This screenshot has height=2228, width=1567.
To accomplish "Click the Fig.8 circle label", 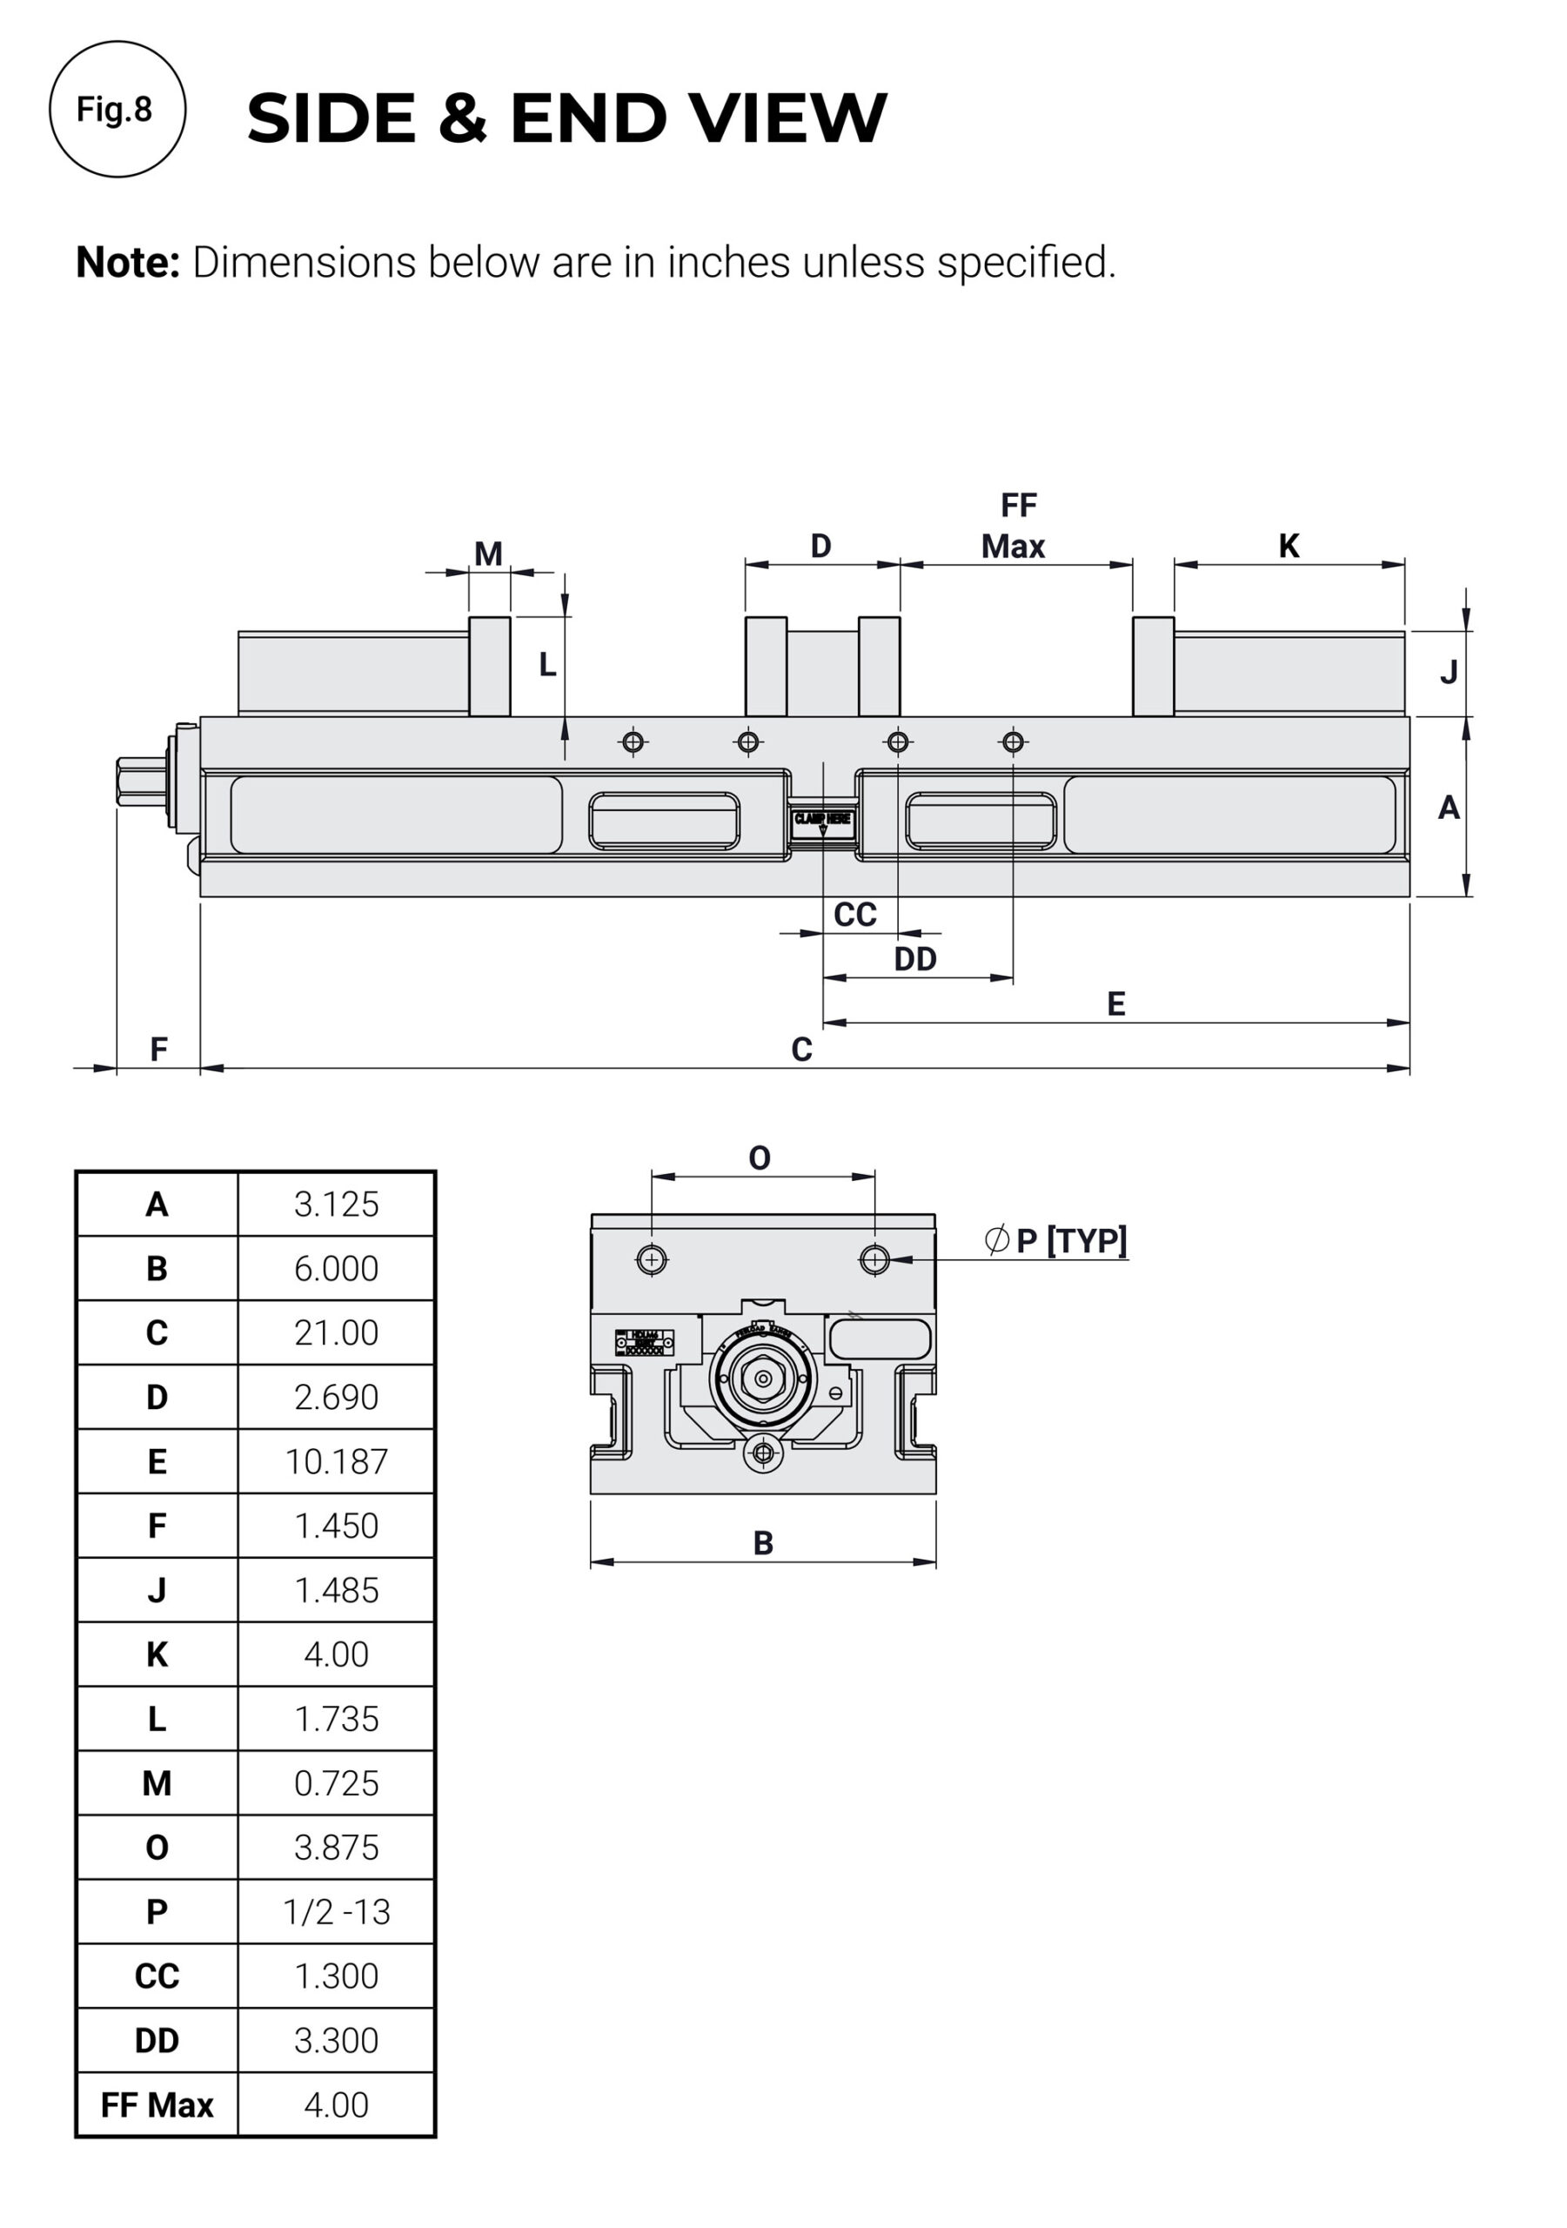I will pyautogui.click(x=117, y=109).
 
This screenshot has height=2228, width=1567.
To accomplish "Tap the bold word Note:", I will pyautogui.click(x=127, y=262).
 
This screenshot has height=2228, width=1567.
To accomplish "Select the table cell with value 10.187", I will pyautogui.click(x=336, y=1461).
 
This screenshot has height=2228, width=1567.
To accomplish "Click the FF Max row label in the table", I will pyautogui.click(x=157, y=2104).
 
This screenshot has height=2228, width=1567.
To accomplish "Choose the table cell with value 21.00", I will pyautogui.click(x=336, y=1332).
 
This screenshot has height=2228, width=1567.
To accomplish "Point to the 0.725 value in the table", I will pyautogui.click(x=336, y=1782).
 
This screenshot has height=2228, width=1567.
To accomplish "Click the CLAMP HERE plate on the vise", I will pyautogui.click(x=822, y=820).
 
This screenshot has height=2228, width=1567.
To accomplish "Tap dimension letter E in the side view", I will pyautogui.click(x=1115, y=1003).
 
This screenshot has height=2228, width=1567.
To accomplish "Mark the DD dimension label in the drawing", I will pyautogui.click(x=914, y=959).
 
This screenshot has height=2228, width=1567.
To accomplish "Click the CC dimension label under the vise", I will pyautogui.click(x=854, y=914).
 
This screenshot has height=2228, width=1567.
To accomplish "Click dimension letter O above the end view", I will pyautogui.click(x=759, y=1158).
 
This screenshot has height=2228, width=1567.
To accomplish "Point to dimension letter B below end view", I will pyautogui.click(x=763, y=1543).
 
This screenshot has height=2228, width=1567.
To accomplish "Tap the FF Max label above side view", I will pyautogui.click(x=1014, y=527).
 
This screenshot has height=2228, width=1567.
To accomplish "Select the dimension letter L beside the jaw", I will pyautogui.click(x=547, y=665).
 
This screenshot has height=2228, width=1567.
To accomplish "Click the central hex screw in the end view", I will pyautogui.click(x=763, y=1378).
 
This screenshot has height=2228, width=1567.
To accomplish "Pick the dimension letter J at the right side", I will pyautogui.click(x=1448, y=672).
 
